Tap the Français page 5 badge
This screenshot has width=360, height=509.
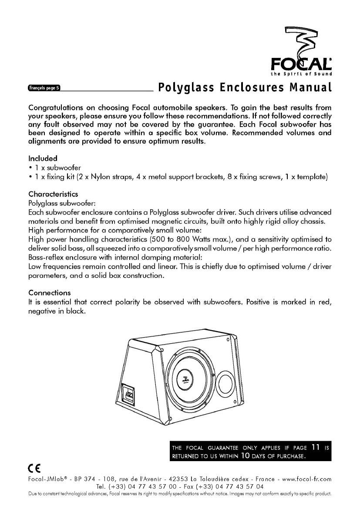44,88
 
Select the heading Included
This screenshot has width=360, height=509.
43,158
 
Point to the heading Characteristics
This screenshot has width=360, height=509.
53,194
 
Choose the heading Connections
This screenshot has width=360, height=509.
49,293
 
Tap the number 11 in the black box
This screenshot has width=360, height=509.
316,447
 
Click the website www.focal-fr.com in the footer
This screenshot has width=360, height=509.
306,479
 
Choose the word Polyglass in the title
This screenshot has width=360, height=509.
186,87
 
